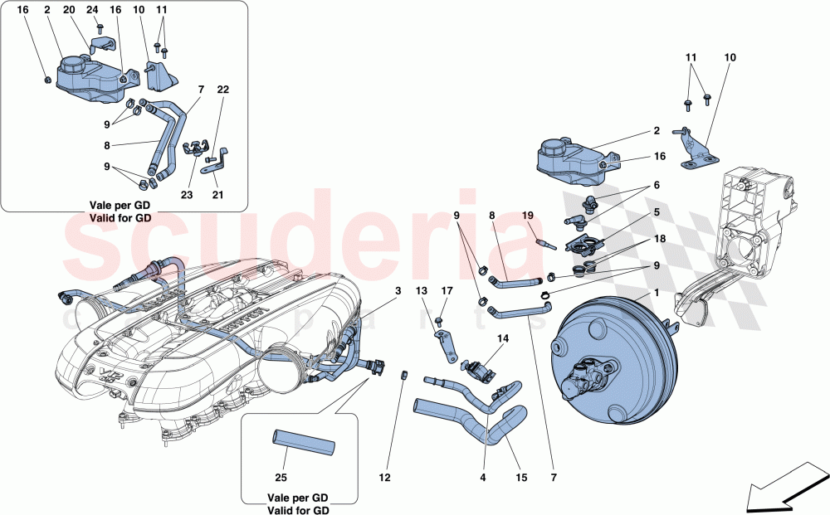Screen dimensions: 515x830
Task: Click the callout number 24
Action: coord(91,10)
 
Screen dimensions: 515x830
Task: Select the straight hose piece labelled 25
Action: coord(304,441)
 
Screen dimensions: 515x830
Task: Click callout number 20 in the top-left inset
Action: coord(68,10)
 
